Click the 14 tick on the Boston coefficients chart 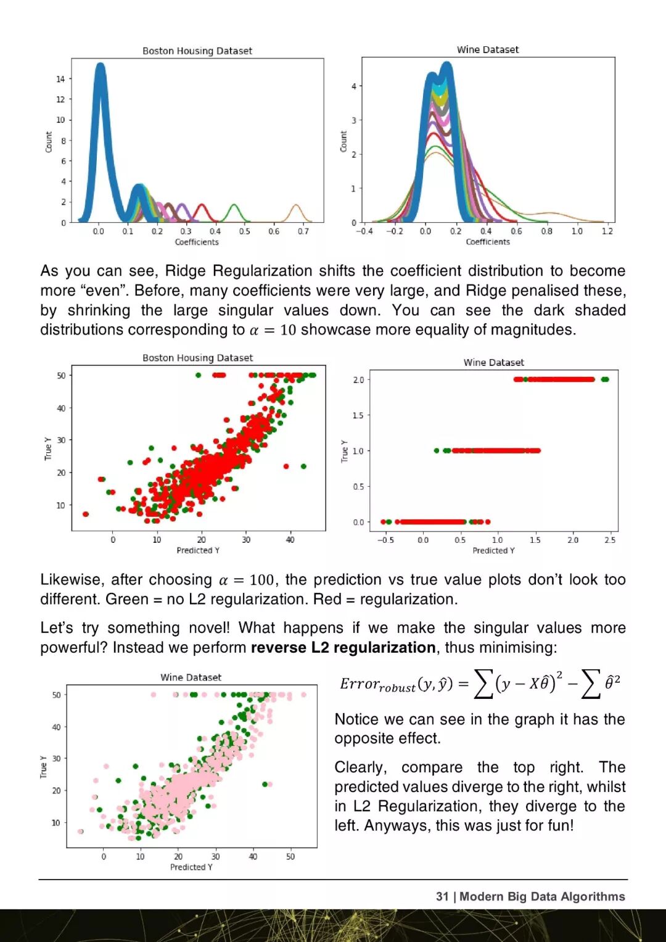60,79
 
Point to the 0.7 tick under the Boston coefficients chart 303,231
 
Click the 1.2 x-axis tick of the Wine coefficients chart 607,231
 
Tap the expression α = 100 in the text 246,580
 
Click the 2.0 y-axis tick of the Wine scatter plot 358,379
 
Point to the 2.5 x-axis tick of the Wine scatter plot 609,540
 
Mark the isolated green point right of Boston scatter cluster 303,466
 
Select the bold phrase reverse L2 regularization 343,647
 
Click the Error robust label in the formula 377,685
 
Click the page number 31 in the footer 442,896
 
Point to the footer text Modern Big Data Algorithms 542,896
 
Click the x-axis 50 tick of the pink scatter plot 290,856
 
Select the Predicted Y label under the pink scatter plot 191,867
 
